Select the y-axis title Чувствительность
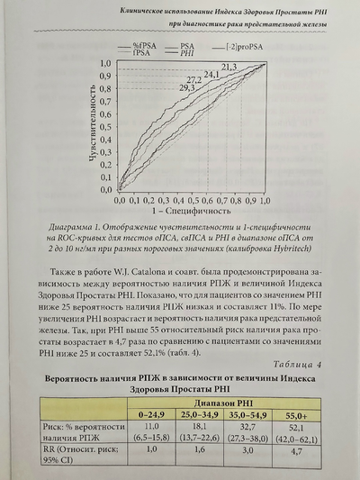coord(93,127)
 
